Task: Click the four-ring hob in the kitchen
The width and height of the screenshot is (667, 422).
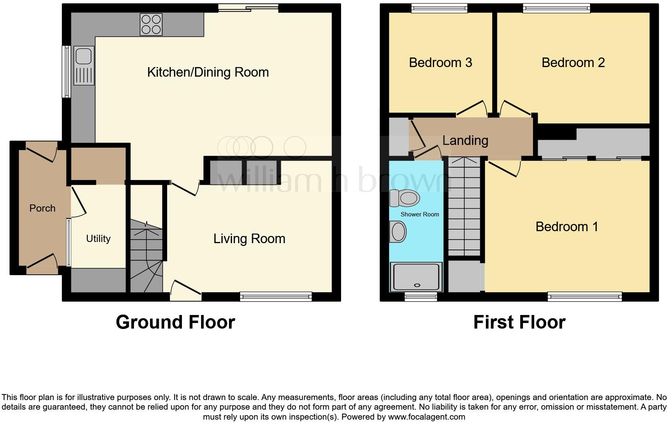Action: tap(151, 24)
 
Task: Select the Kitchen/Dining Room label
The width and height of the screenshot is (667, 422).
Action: tap(208, 72)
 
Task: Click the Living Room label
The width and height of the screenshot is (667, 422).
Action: tap(249, 239)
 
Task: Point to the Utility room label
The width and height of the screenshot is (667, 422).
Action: tap(98, 239)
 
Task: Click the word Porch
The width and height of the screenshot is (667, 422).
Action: tap(42, 208)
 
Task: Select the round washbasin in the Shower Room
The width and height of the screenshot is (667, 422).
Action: tap(398, 232)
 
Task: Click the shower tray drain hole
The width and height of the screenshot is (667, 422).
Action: tap(417, 285)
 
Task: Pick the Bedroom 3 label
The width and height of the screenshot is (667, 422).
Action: tap(440, 63)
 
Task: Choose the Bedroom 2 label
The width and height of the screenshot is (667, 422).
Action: tap(573, 63)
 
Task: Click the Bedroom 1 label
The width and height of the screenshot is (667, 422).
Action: tap(566, 227)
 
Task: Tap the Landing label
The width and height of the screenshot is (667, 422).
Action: tap(465, 141)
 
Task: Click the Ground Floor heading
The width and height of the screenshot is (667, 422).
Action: tap(175, 322)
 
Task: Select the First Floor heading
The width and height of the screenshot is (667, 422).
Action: tap(519, 322)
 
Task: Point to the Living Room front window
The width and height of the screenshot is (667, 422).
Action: tap(276, 296)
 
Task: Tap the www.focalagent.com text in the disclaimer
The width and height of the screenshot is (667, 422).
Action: tap(426, 417)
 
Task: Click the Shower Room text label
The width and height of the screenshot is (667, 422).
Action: tap(420, 214)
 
